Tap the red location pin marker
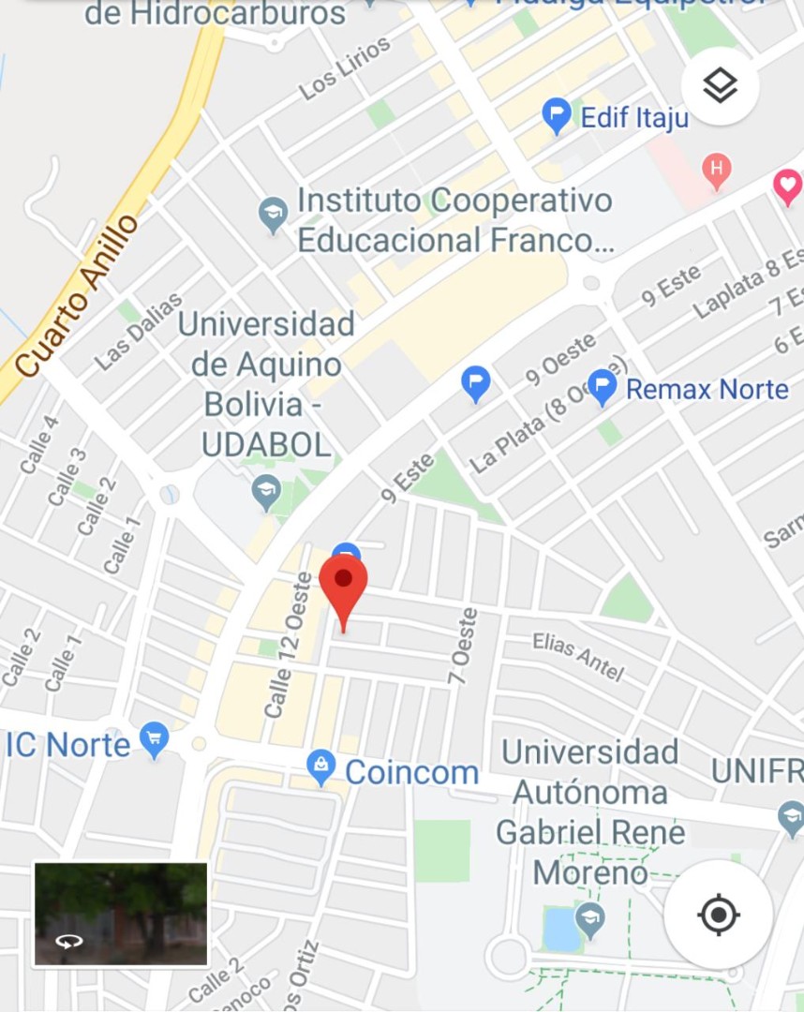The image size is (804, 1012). click(x=343, y=581)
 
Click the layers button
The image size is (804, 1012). click(x=720, y=86)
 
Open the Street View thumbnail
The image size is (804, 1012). click(x=121, y=914)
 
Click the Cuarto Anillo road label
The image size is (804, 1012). click(x=77, y=296)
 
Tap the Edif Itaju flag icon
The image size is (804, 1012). click(x=557, y=117)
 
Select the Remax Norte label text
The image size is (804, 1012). click(x=707, y=388)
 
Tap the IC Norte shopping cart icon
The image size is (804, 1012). click(x=154, y=740)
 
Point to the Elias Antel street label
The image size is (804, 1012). click(x=578, y=655)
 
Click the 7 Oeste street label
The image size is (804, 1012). click(x=464, y=648)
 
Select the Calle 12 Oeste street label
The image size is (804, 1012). click(x=288, y=646)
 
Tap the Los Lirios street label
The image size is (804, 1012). click(x=344, y=68)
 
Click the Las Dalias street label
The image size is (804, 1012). click(x=138, y=330)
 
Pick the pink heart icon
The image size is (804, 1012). click(x=788, y=186)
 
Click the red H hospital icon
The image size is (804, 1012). click(x=716, y=171)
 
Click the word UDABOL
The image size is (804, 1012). click(x=267, y=444)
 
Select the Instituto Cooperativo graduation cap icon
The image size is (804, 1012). click(x=273, y=215)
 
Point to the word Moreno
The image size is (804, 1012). click(x=590, y=872)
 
